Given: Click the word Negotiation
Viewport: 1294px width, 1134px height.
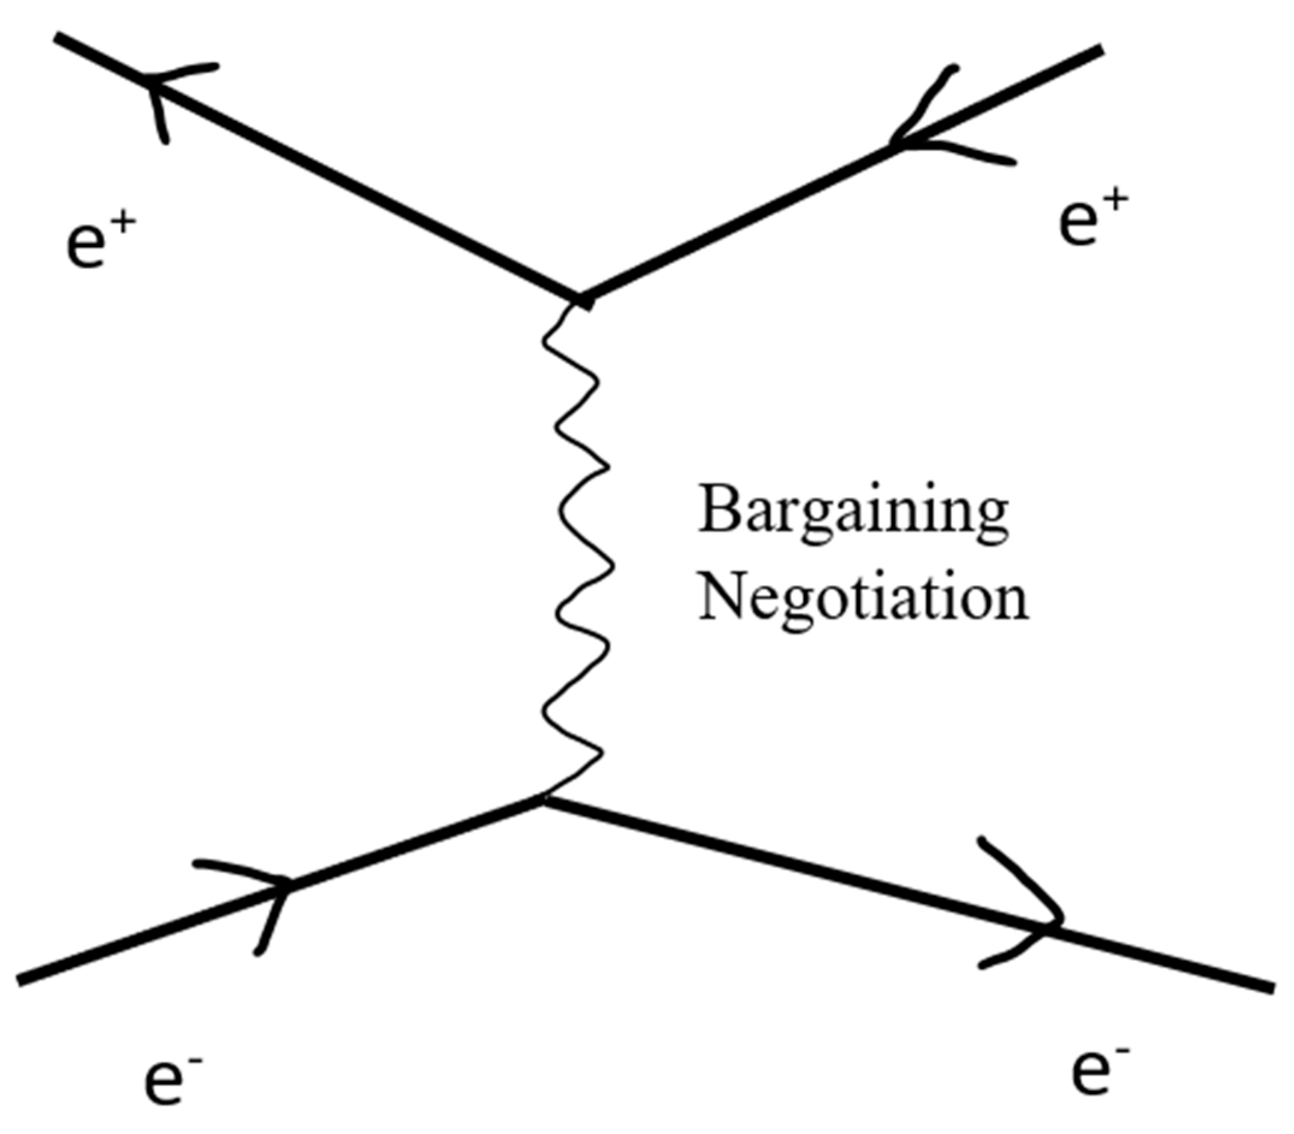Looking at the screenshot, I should coord(863,601).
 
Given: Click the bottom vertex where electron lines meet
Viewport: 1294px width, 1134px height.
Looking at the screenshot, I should coord(543,801).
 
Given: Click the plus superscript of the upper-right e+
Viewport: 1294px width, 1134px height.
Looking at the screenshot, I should coord(1117,201).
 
